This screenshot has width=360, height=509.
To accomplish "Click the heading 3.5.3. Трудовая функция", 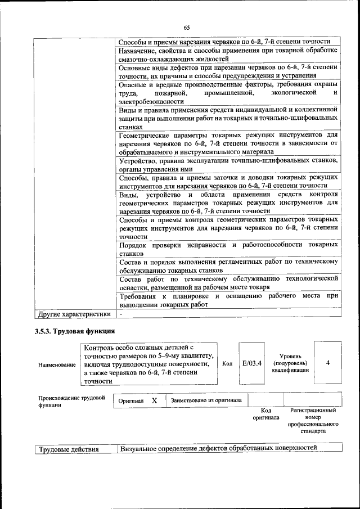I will pos(75,331).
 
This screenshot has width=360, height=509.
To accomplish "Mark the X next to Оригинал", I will pos(154,400).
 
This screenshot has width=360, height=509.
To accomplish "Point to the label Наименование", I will pos(57,365).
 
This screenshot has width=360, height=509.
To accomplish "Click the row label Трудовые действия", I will pos(69,449).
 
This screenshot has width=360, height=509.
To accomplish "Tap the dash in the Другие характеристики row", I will pos(120,313).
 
